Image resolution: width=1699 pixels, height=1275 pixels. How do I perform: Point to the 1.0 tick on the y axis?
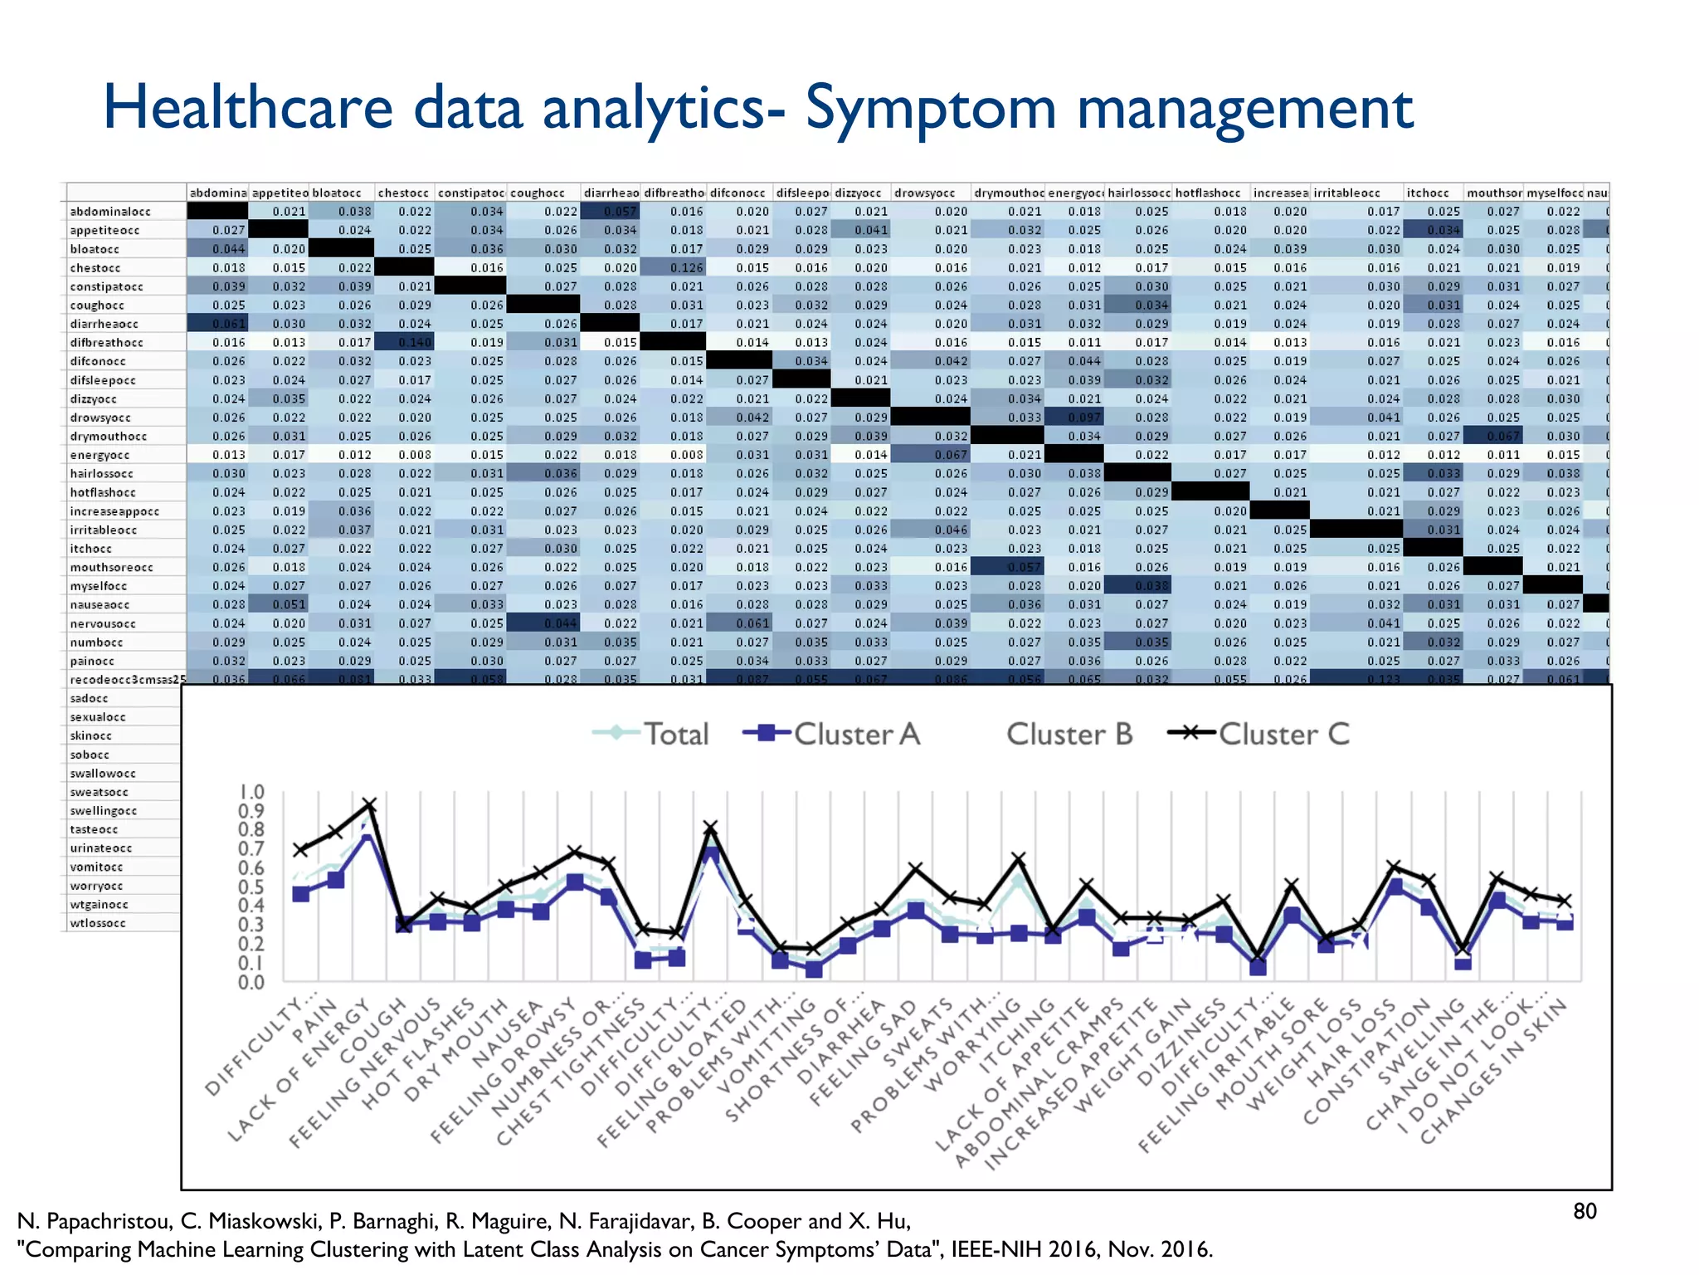tap(251, 792)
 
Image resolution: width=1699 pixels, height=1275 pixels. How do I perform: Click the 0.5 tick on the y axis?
tap(251, 887)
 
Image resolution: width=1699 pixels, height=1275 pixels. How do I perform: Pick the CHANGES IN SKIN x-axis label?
tap(1493, 1071)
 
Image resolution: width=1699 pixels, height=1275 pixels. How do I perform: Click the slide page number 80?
tap(1585, 1212)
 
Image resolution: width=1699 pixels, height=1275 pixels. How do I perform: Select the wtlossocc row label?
tap(98, 923)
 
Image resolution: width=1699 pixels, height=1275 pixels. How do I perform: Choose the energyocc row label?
tap(100, 455)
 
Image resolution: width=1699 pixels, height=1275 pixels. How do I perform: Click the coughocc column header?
tap(537, 193)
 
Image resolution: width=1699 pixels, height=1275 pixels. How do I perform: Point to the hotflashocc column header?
tap(1207, 193)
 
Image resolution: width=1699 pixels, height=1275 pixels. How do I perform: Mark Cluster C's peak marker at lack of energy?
tap(370, 805)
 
